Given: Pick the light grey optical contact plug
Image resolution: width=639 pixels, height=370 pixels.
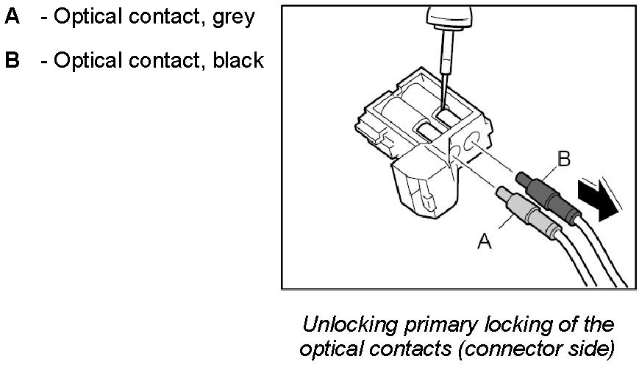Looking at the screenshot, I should point(526,209).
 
